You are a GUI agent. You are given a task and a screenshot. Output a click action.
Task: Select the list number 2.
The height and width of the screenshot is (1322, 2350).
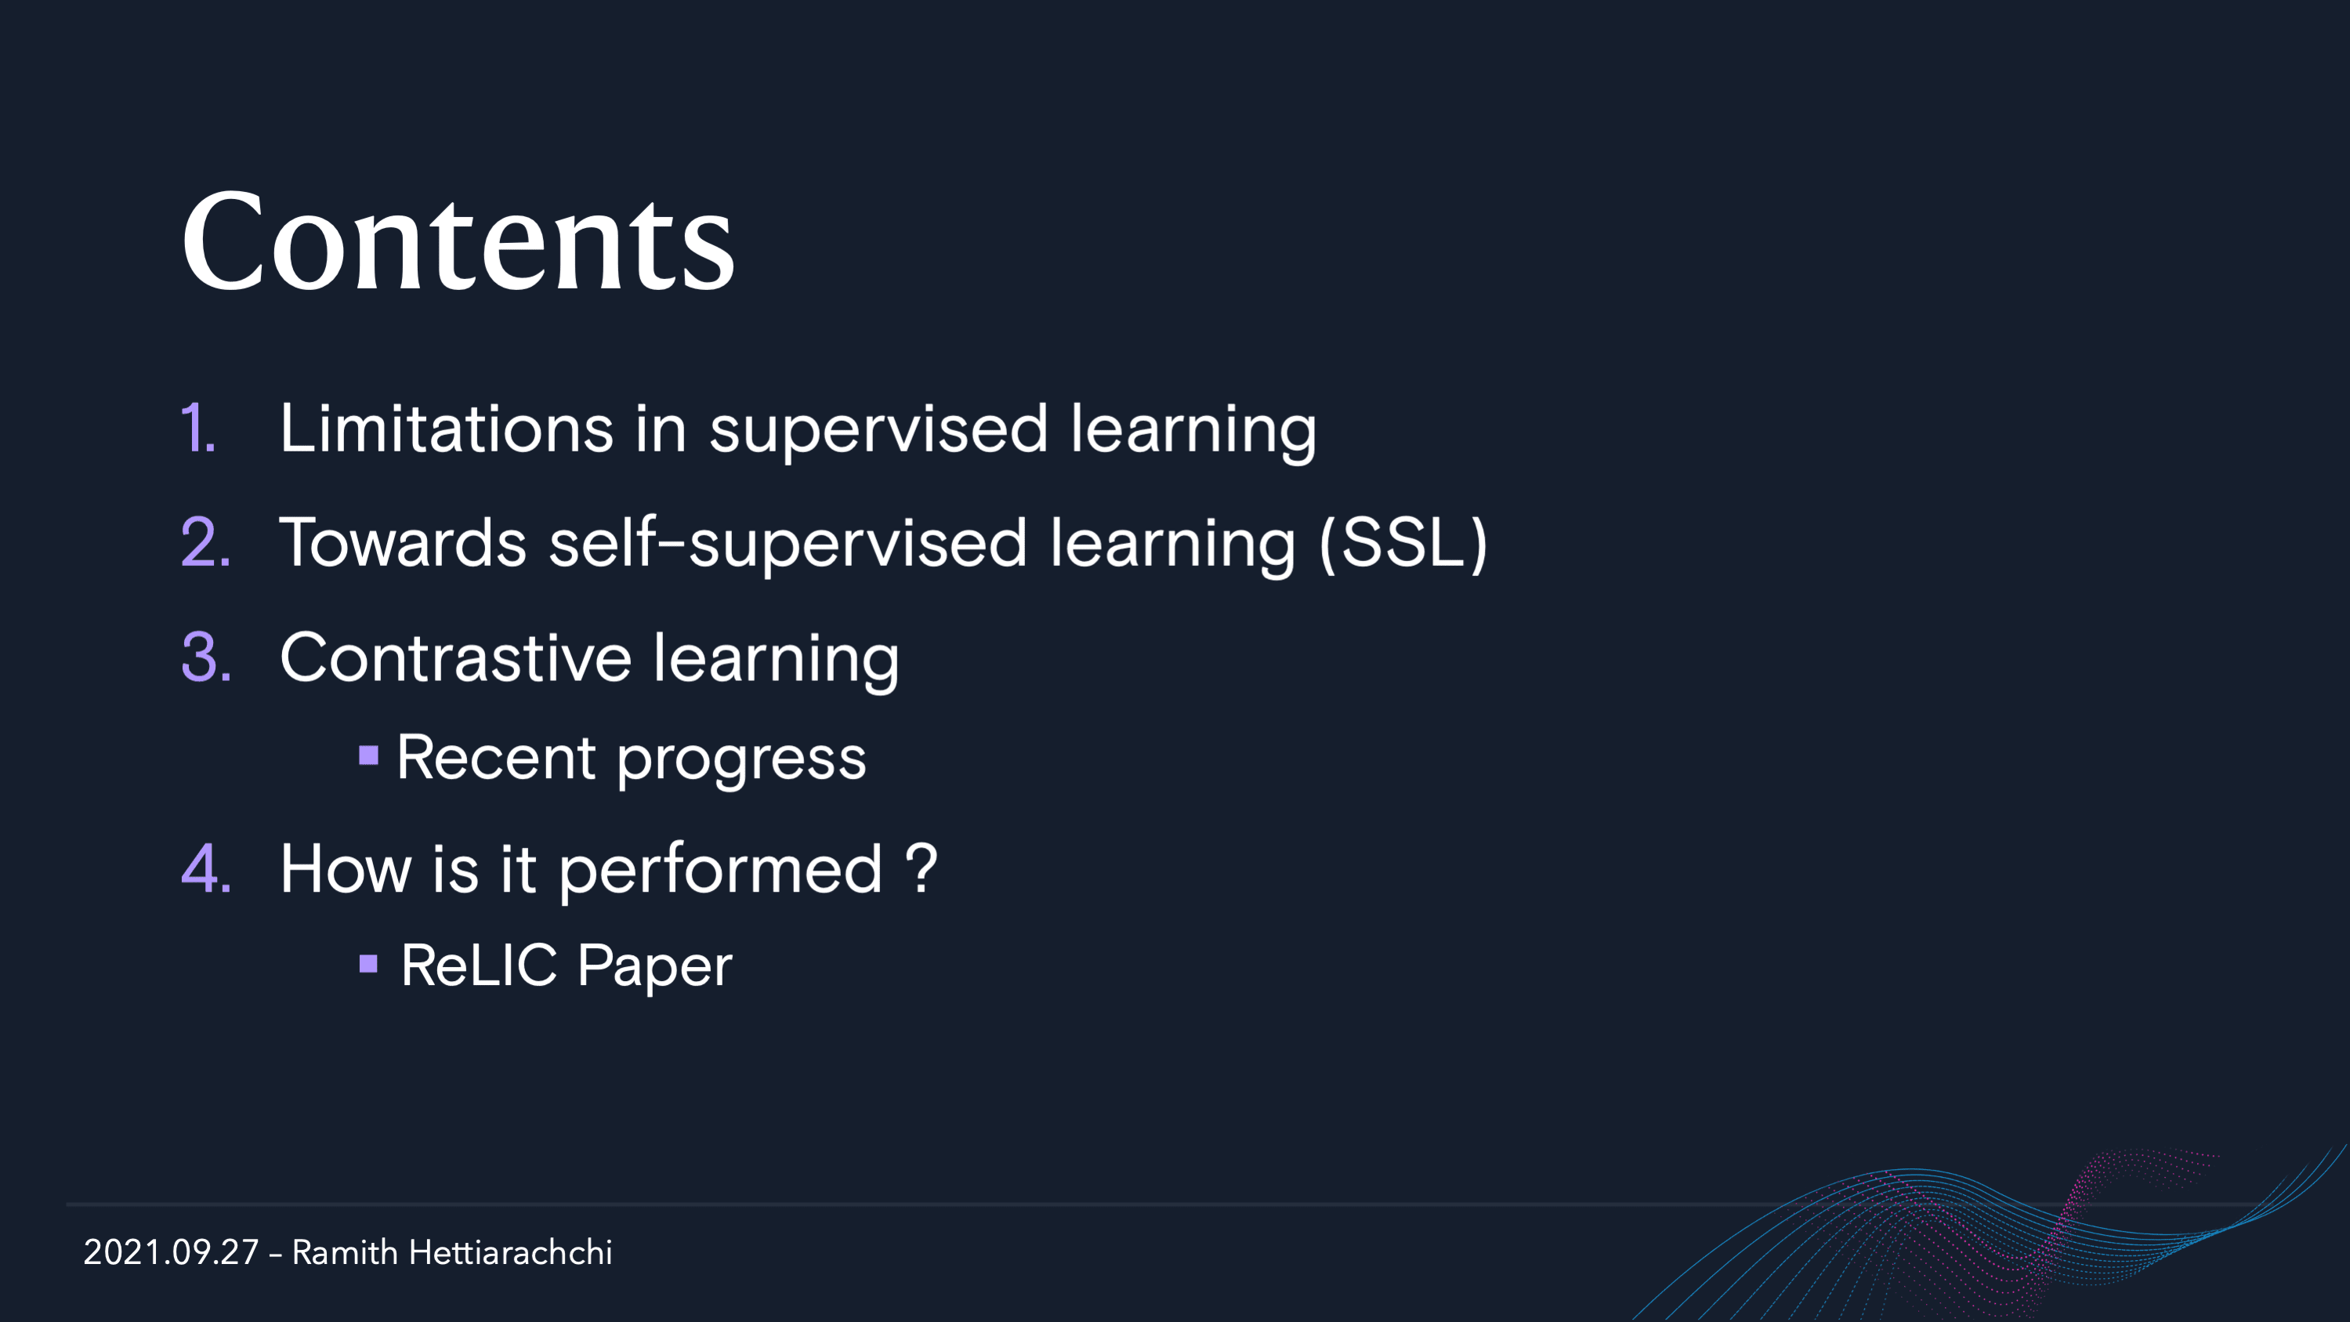(206, 542)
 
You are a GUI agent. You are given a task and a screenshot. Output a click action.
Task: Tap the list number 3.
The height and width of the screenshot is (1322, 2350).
(206, 657)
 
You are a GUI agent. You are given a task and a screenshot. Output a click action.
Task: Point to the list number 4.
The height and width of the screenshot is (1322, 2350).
(206, 867)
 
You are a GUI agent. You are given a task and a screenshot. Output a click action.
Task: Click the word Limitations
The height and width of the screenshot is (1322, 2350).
(446, 428)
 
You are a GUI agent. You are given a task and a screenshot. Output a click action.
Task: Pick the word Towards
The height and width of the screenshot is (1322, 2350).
(402, 542)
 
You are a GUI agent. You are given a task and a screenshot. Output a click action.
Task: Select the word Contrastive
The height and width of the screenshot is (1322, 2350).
(455, 657)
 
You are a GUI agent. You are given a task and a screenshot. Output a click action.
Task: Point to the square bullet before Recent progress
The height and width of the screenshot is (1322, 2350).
(368, 755)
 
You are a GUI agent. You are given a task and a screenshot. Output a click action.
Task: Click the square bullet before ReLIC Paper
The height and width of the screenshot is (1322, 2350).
(368, 963)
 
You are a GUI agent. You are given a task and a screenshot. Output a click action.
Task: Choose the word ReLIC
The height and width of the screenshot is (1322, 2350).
(479, 965)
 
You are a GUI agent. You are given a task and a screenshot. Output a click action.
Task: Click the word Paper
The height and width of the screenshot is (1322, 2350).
(655, 967)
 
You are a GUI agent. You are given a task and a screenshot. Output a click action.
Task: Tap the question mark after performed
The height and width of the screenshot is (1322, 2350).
(922, 867)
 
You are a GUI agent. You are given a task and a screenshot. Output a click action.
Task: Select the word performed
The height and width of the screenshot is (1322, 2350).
(721, 871)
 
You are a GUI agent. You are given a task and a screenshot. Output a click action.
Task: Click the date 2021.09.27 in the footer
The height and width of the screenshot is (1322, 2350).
(171, 1253)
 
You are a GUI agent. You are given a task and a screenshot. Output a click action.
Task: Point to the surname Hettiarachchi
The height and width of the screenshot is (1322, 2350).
(511, 1253)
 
